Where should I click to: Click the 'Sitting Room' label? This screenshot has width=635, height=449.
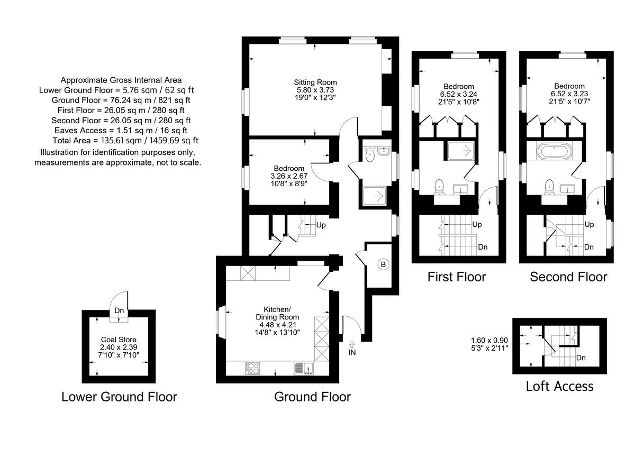[315, 83]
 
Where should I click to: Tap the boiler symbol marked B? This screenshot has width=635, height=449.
[383, 264]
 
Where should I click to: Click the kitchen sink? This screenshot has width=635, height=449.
[304, 368]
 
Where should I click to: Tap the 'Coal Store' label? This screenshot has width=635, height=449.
[119, 340]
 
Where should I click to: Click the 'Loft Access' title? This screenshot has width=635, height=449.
[559, 387]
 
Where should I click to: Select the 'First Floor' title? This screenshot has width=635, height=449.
[456, 277]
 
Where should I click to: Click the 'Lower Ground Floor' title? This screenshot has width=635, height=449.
[119, 397]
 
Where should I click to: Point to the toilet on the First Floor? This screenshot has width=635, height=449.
[439, 186]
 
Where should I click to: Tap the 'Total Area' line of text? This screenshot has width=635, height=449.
[125, 140]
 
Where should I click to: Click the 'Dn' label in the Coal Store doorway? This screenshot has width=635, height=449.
[119, 311]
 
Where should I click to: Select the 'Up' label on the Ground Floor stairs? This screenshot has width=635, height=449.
[321, 225]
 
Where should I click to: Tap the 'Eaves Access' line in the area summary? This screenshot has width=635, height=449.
[121, 130]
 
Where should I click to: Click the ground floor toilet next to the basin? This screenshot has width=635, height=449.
[370, 155]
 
